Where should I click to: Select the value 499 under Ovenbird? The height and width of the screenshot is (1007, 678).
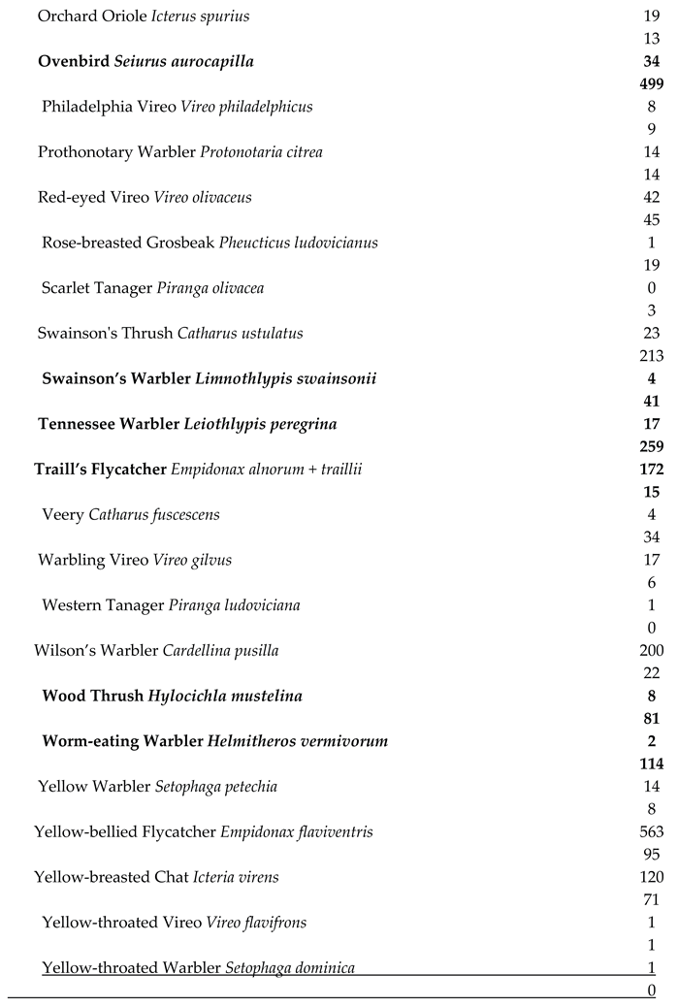click(652, 84)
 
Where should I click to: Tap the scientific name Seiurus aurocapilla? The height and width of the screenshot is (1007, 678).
click(184, 62)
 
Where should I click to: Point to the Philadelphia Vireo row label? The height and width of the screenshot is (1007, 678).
click(109, 107)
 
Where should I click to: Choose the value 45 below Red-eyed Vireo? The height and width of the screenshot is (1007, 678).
click(652, 220)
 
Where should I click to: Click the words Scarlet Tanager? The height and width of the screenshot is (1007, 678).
click(95, 288)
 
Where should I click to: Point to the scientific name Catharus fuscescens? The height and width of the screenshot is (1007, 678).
click(154, 514)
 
